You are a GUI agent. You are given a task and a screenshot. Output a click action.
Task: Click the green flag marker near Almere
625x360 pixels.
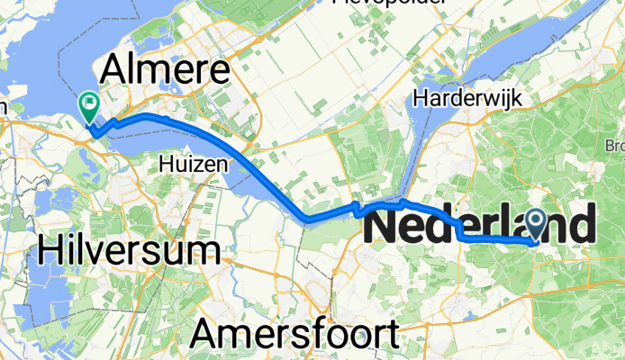89,106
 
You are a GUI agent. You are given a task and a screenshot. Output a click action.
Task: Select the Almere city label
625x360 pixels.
166,69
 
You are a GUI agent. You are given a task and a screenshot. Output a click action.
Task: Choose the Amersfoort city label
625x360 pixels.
294,335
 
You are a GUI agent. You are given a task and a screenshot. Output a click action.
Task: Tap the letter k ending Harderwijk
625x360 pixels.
497,96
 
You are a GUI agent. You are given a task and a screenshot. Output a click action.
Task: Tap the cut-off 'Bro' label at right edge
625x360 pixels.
615,144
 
